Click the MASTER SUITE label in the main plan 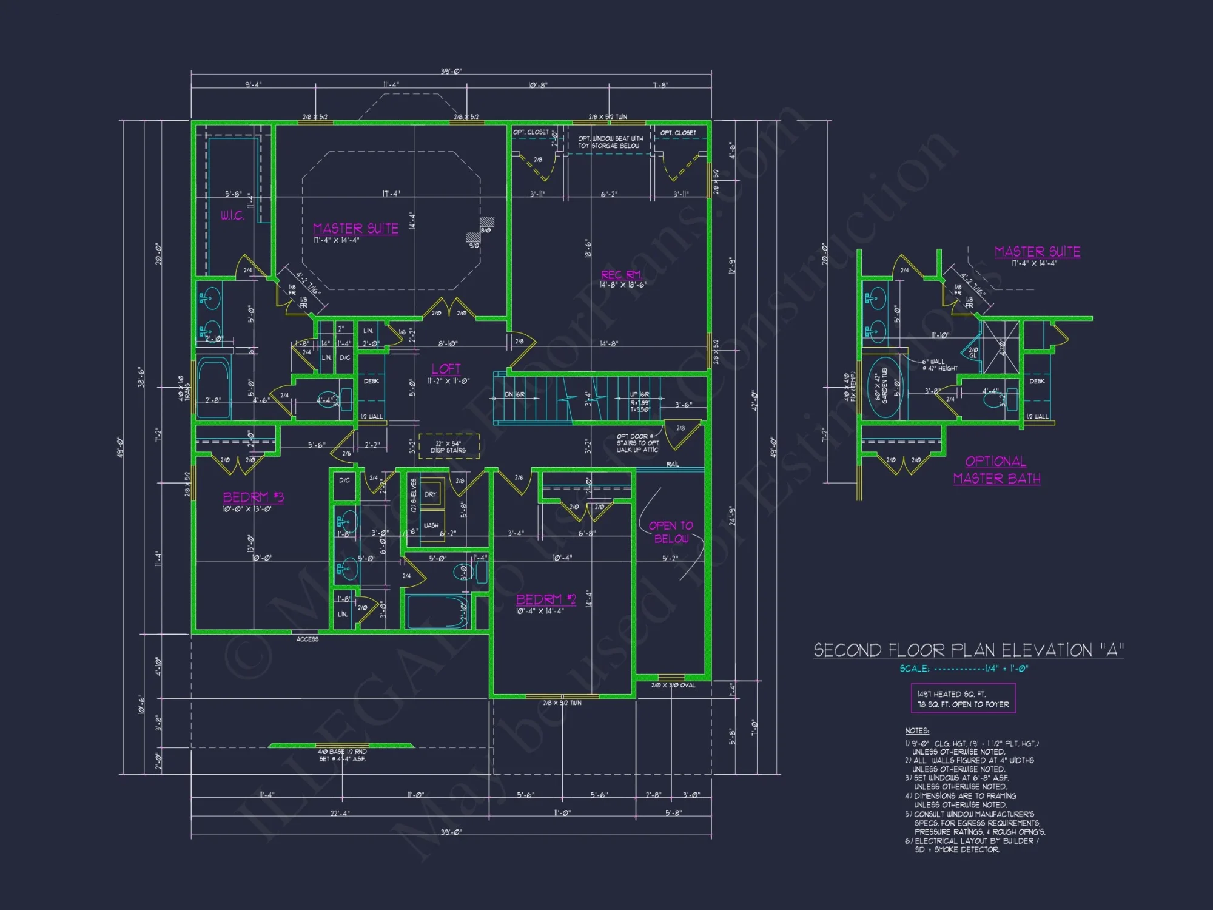point(355,229)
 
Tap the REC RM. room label point(621,275)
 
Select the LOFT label point(446,369)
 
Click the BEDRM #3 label point(253,497)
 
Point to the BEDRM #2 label point(545,599)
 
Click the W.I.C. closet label point(232,215)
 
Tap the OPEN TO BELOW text point(671,532)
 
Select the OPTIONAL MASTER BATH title point(996,470)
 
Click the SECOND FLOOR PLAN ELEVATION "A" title point(968,650)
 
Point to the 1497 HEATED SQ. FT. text point(951,694)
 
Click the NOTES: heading point(916,731)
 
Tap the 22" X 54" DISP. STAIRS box point(448,447)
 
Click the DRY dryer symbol point(431,494)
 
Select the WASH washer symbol point(431,525)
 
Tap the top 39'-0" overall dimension point(451,72)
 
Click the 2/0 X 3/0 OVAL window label point(673,686)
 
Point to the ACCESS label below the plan point(307,639)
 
